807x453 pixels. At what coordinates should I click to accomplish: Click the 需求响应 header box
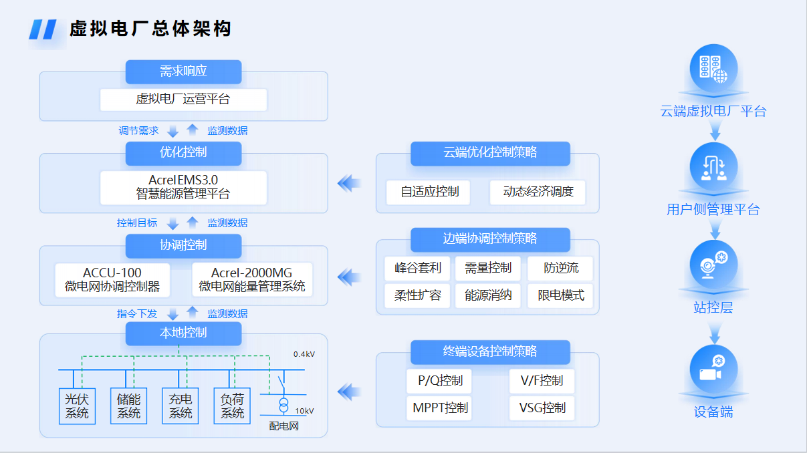183,71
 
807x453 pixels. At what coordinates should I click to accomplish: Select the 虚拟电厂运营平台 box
183,100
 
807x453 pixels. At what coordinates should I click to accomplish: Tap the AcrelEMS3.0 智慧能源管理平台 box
183,187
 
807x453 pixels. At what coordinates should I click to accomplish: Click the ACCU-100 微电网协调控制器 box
112,280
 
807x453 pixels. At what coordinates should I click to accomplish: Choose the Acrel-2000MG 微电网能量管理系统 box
252,280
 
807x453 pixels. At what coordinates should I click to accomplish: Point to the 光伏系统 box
77,406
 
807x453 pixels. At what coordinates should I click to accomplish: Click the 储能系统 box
128,406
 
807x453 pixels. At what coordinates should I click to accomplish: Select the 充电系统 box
181,406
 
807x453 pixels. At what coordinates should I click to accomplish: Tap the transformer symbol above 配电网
284,405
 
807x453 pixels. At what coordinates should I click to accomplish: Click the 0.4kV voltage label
304,354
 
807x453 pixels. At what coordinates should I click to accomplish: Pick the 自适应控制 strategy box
429,192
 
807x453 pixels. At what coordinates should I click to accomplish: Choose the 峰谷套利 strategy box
417,269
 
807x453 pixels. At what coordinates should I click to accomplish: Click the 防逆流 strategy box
560,269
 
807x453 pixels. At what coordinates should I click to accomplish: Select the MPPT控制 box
439,408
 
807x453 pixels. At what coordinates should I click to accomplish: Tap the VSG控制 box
542,408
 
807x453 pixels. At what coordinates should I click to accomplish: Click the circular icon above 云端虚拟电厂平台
713,68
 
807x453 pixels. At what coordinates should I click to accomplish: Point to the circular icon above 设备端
713,369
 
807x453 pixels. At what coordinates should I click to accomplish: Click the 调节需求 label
138,131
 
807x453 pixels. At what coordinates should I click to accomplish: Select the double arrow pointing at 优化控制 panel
349,183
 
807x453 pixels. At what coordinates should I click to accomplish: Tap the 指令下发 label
137,313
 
